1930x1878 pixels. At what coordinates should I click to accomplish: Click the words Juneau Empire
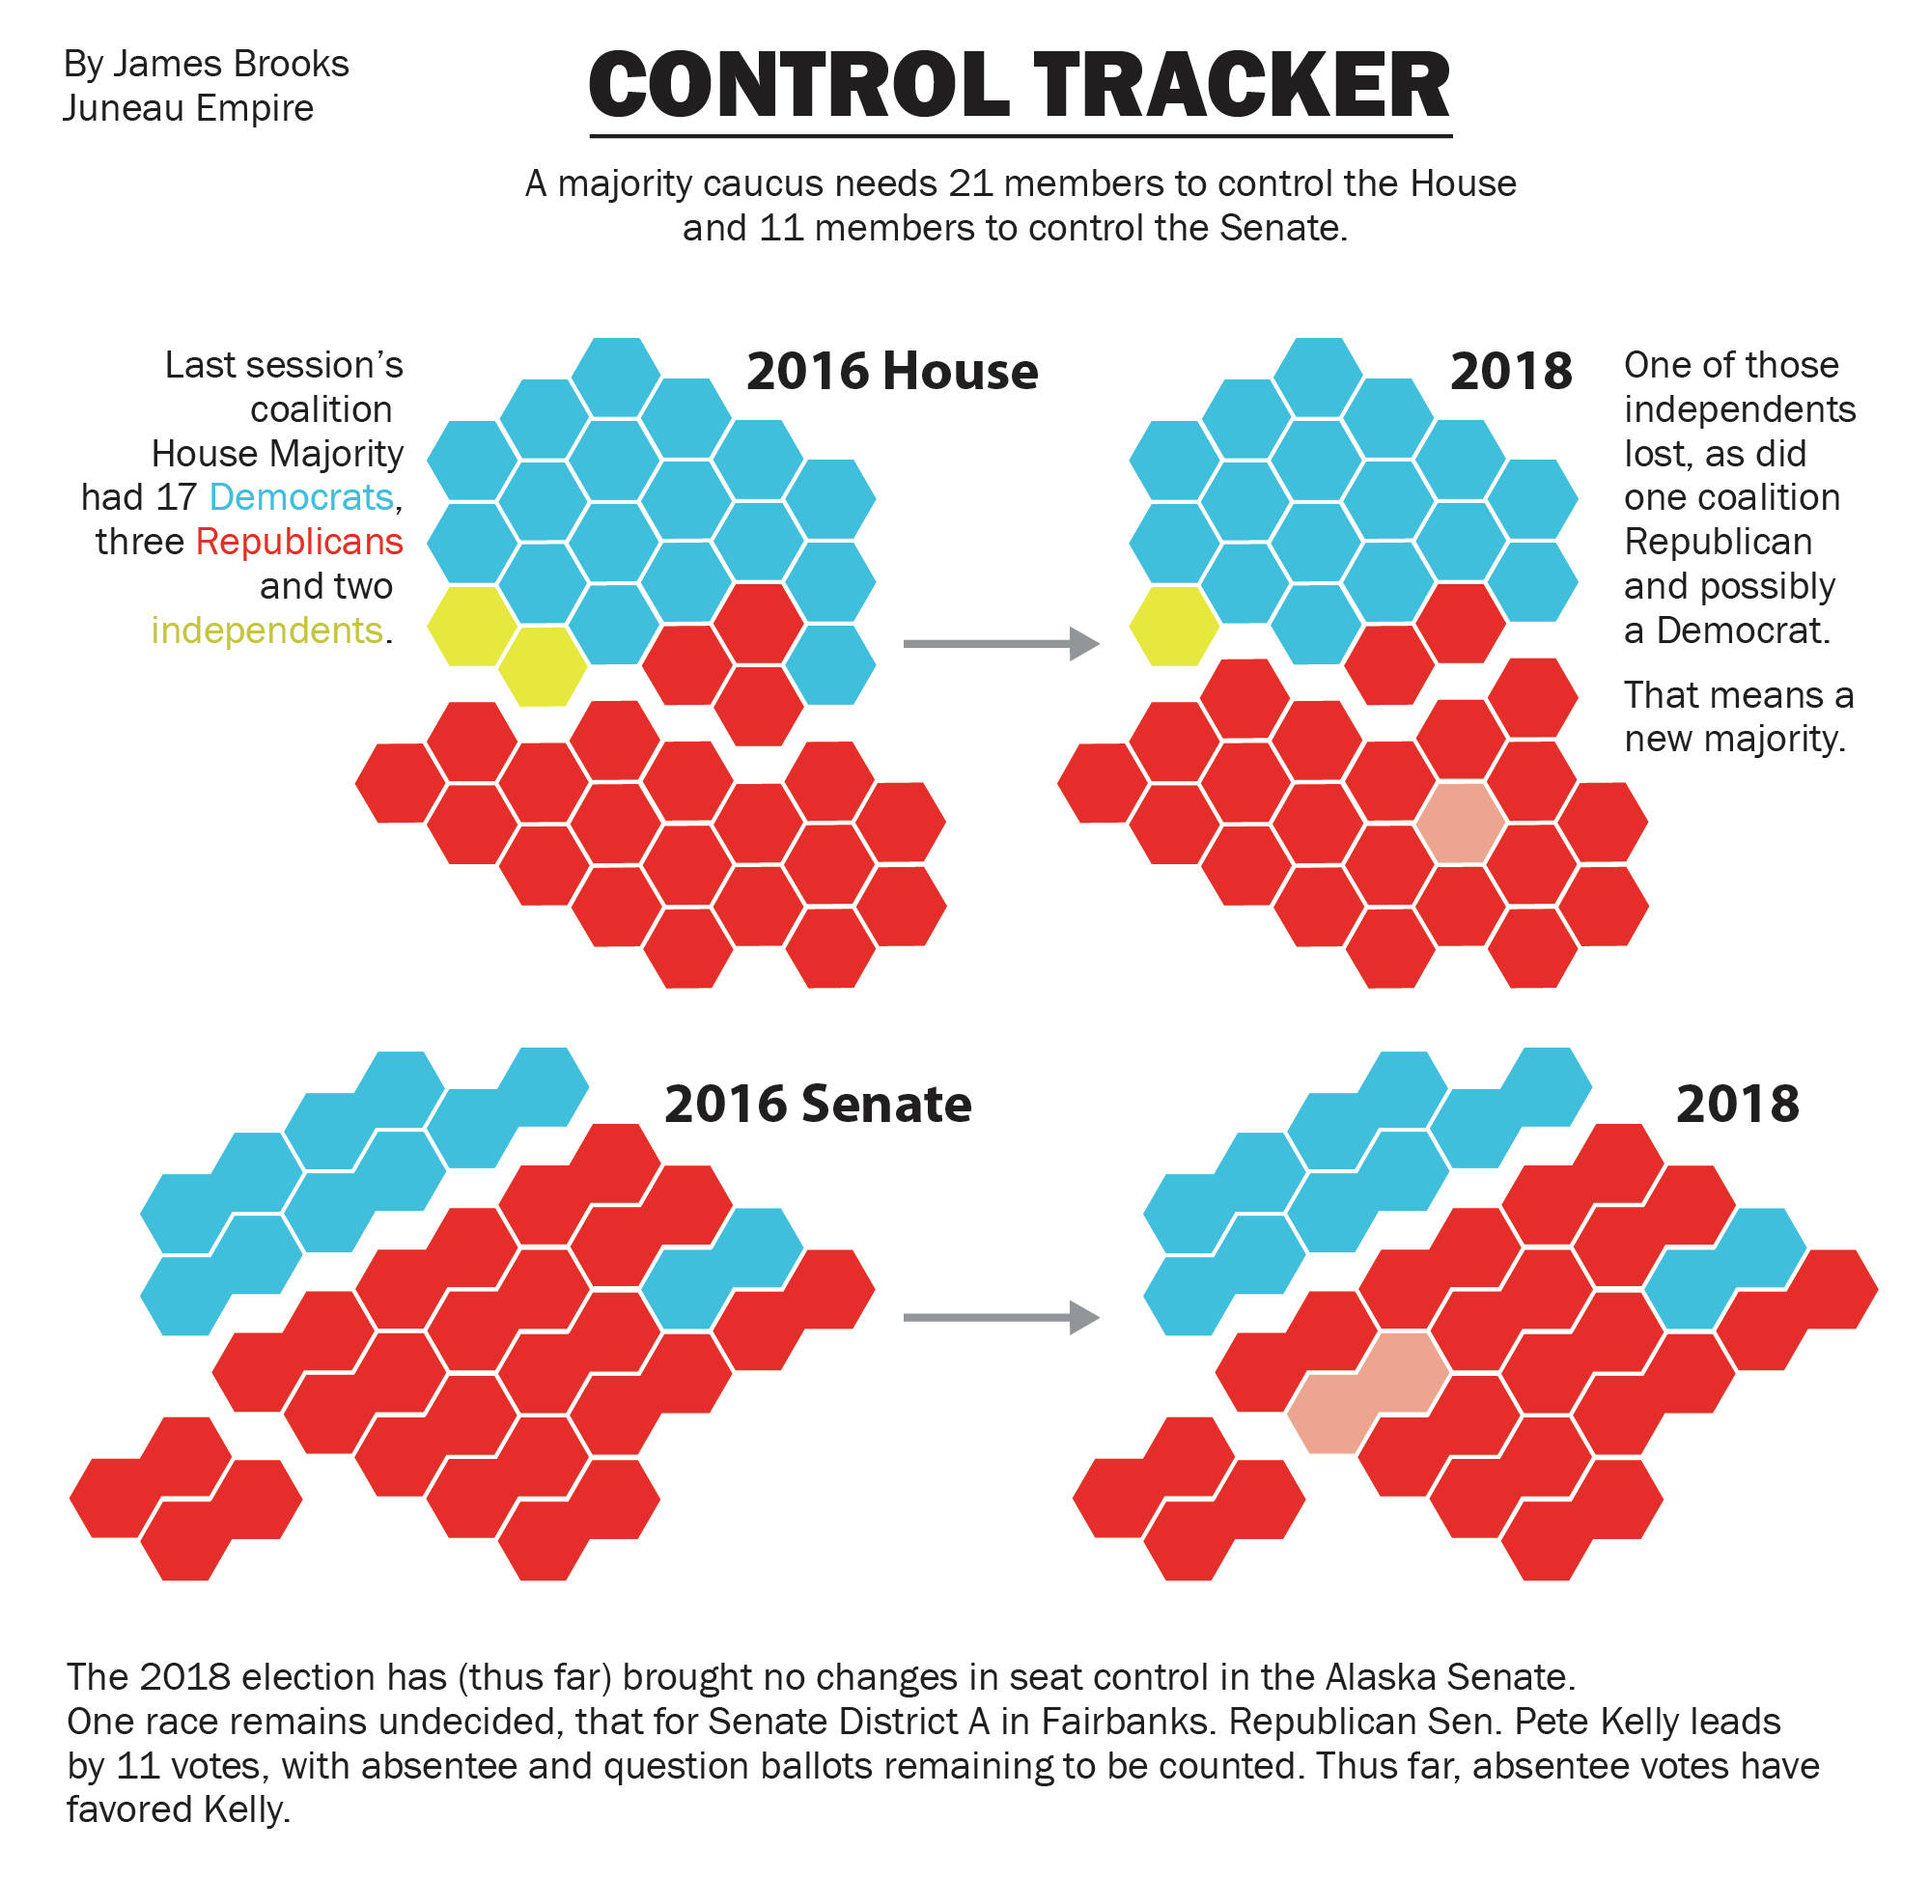pos(187,107)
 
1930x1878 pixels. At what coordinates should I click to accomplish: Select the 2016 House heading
pos(891,372)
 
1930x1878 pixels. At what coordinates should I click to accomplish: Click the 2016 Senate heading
pos(818,1104)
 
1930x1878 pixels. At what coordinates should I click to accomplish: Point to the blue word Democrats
pos(301,497)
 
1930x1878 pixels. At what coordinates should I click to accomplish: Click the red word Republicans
pos(299,542)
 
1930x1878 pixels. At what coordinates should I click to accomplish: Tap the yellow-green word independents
pos(266,631)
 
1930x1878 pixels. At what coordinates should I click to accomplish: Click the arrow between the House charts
pos(1000,643)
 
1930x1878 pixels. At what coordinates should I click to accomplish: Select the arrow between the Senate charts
pos(1000,1317)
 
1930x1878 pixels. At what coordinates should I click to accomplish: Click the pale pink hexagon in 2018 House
pos(1460,823)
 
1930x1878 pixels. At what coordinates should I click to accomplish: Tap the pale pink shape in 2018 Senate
pos(1368,1390)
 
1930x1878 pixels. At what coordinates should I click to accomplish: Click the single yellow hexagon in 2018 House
pos(1174,626)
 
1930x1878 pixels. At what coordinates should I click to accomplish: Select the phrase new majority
pos(1734,739)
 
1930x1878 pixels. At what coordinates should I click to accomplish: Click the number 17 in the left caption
pos(177,497)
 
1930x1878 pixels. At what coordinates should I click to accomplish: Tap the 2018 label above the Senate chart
pos(1737,1104)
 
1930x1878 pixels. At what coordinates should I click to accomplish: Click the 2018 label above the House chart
pos(1510,372)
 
